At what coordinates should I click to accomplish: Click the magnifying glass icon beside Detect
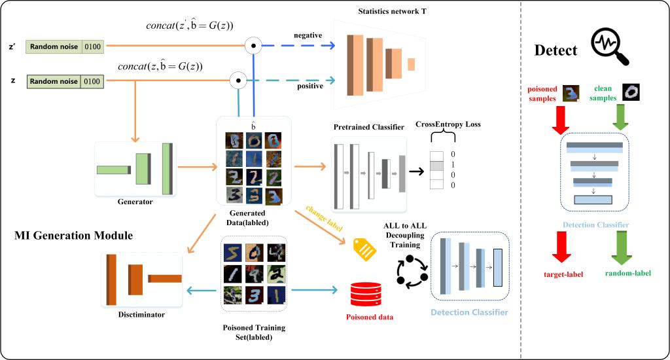click(610, 46)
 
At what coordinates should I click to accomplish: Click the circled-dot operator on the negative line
click(253, 46)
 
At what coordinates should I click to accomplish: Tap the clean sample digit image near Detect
click(631, 92)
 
